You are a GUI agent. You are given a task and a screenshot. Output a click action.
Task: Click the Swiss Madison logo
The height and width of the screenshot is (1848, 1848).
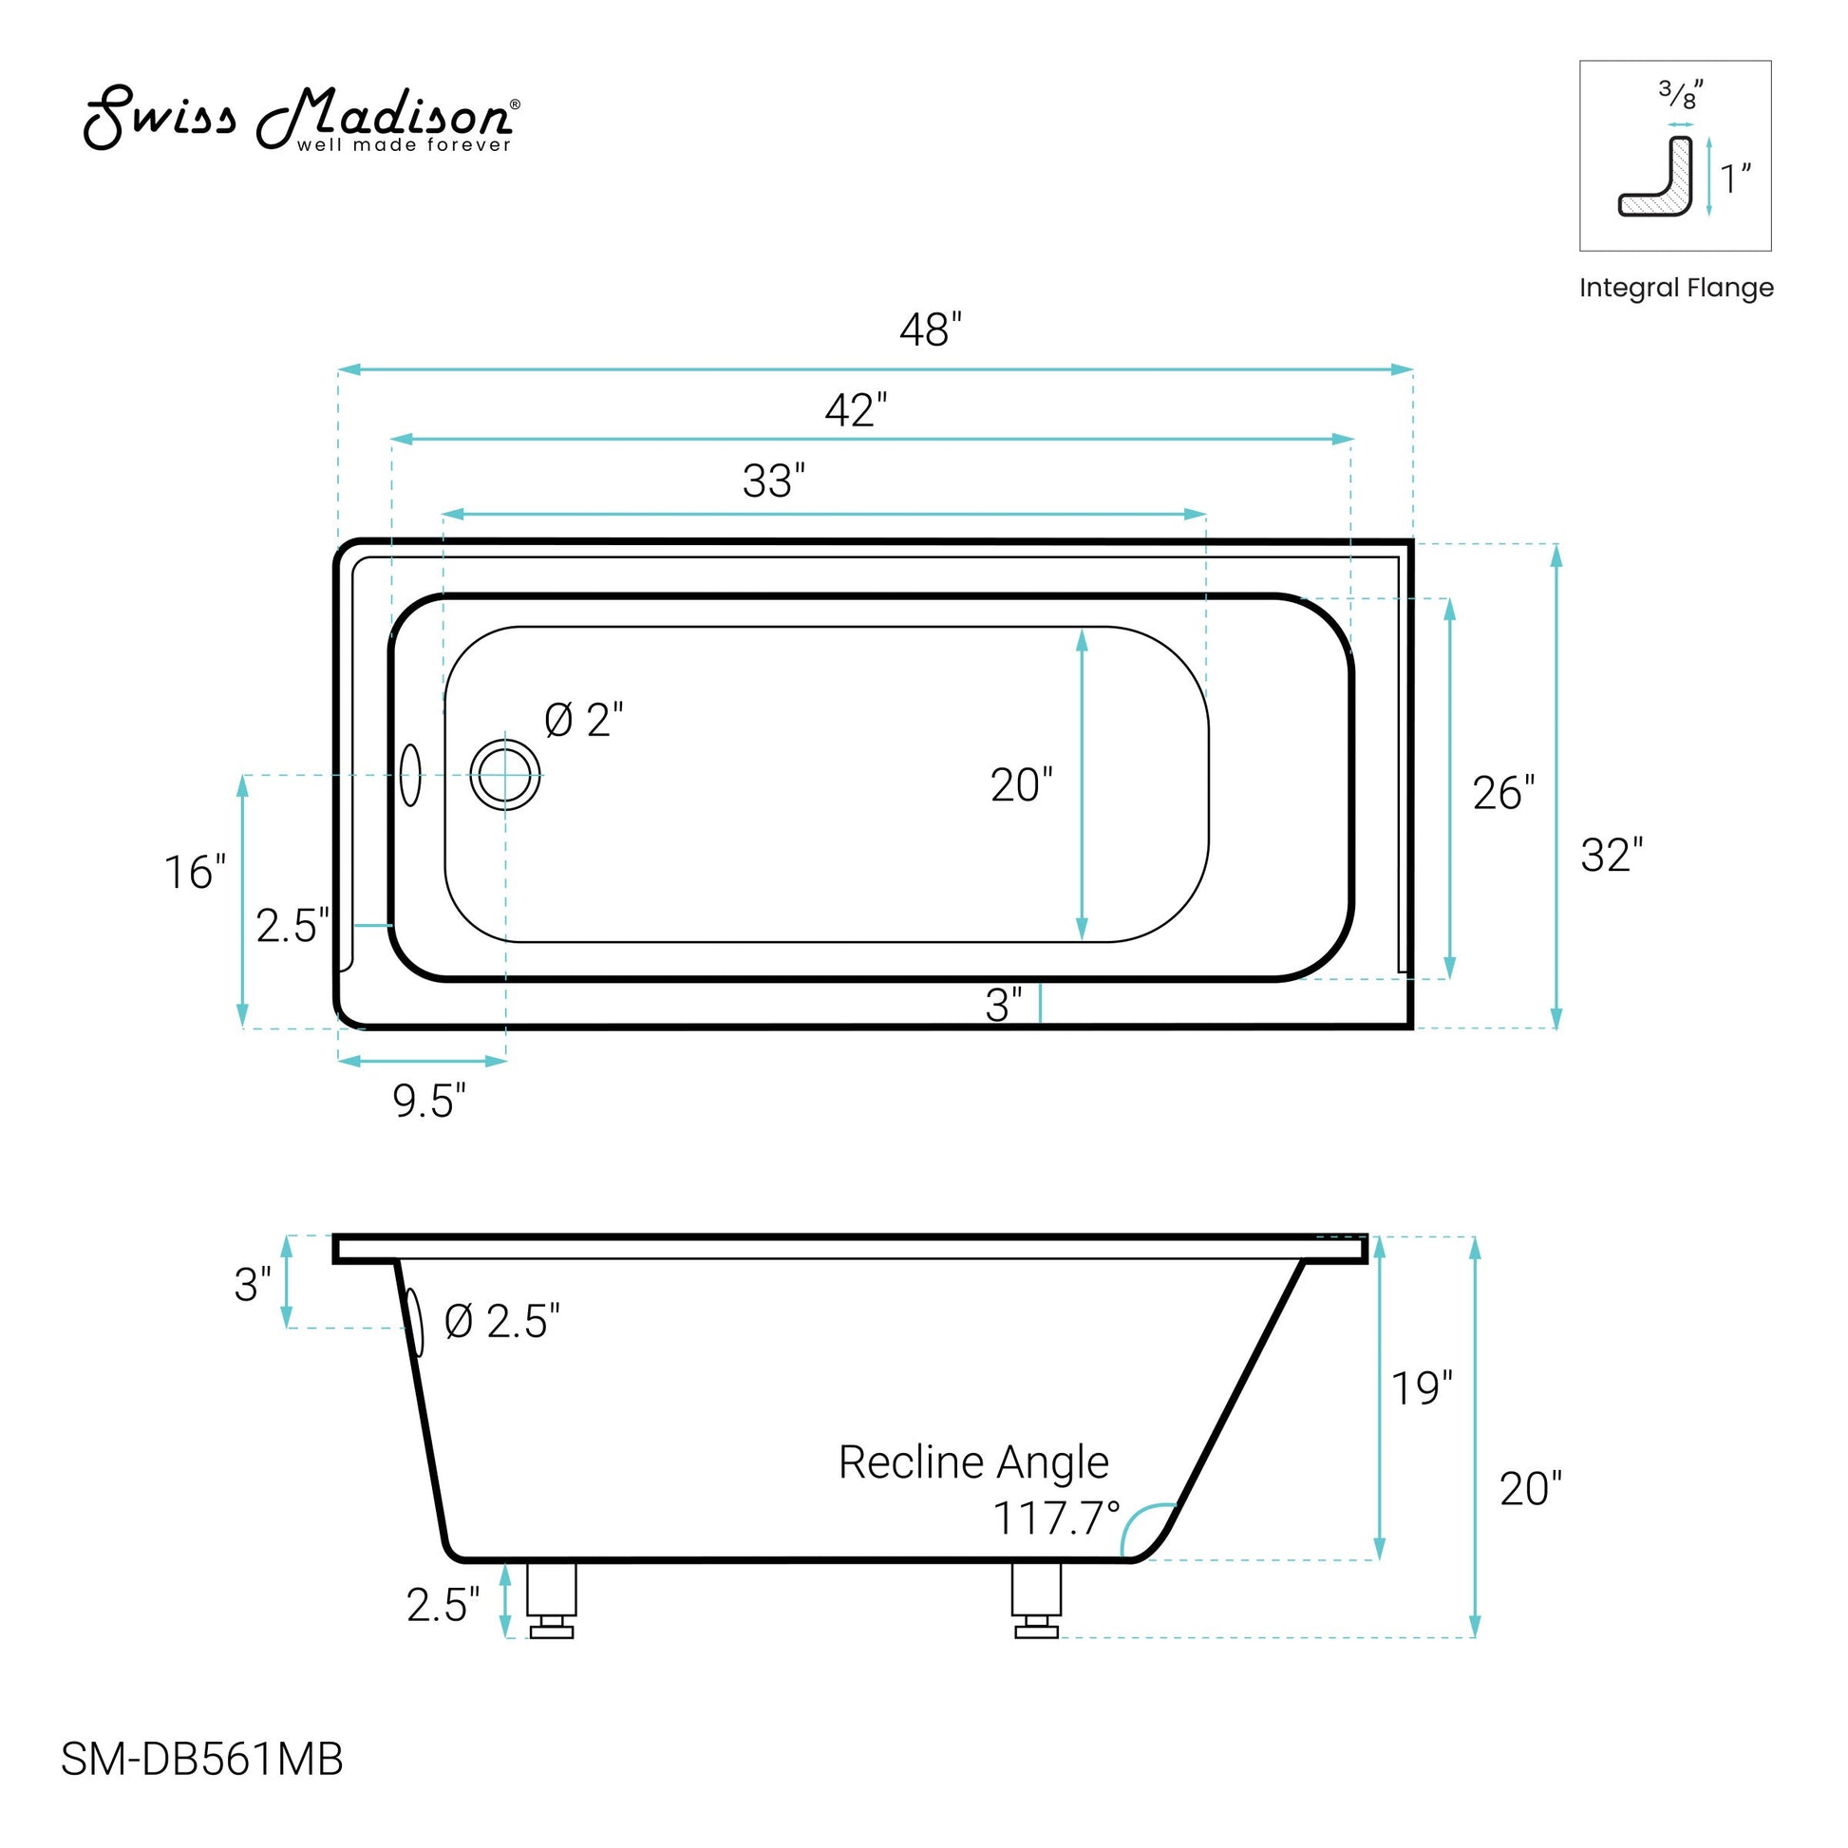(x=302, y=119)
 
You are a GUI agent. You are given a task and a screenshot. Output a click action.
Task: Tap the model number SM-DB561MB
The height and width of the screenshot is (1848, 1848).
(x=202, y=1759)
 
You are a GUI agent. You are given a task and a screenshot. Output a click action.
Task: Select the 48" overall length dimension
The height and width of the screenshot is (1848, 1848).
(x=931, y=330)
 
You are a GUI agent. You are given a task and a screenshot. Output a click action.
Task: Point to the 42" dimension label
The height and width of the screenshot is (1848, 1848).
(x=856, y=410)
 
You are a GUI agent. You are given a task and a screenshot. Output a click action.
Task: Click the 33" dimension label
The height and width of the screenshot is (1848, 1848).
(x=774, y=481)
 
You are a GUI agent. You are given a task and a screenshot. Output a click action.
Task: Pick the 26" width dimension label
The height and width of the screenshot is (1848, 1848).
(x=1503, y=793)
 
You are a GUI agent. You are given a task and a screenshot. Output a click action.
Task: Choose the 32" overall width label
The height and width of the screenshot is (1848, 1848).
(x=1612, y=855)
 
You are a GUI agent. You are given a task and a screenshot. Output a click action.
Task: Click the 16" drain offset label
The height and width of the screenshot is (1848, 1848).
(x=195, y=873)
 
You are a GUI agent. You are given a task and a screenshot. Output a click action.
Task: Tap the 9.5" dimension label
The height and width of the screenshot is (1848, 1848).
(x=429, y=1101)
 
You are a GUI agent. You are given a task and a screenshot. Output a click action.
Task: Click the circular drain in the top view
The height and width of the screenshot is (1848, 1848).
(x=505, y=775)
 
